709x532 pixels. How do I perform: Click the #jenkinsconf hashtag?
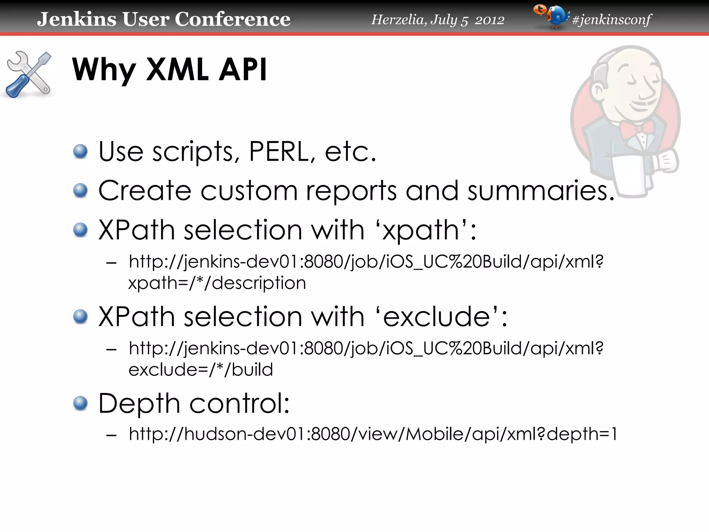(x=612, y=20)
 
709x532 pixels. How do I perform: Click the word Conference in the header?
(x=232, y=19)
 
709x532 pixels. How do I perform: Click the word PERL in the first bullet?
(x=279, y=151)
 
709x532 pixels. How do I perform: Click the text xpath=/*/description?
(x=217, y=283)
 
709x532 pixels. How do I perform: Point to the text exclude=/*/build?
(x=201, y=370)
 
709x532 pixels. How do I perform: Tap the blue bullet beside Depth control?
(x=81, y=404)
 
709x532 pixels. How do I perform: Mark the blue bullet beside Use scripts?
(x=81, y=152)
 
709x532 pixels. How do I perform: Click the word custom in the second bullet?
(x=249, y=190)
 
